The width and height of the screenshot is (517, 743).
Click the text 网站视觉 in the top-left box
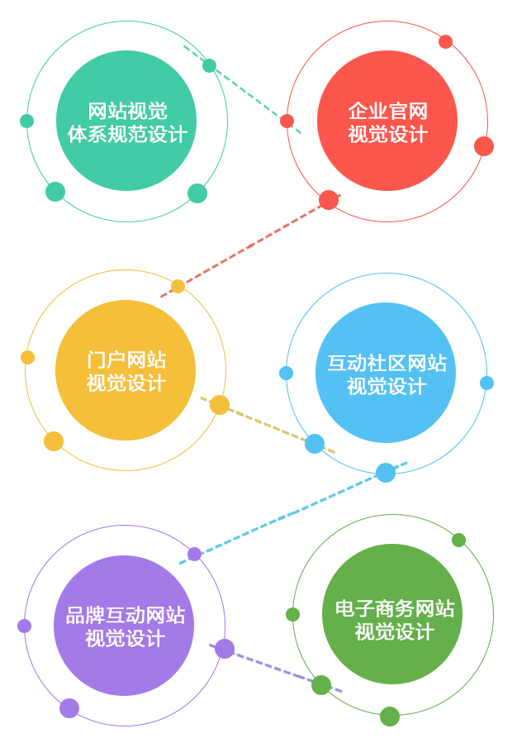[x=127, y=112]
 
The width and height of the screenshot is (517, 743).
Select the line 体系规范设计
[x=127, y=134]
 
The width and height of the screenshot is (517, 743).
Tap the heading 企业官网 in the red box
[x=387, y=112]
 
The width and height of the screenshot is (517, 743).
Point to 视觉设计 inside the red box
[x=387, y=134]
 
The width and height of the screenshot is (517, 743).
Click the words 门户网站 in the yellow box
[x=126, y=360]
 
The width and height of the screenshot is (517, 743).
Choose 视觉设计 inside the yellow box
[x=126, y=383]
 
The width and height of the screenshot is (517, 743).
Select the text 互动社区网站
[x=387, y=364]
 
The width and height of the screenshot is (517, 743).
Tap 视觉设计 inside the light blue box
[x=387, y=386]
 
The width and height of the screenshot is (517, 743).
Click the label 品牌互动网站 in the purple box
[x=126, y=616]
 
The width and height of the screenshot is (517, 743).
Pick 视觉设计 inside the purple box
[x=126, y=639]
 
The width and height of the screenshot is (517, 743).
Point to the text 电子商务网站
[x=395, y=610]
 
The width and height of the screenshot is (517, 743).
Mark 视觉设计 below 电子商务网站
[x=395, y=632]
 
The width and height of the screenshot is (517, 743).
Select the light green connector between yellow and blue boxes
[x=257, y=425]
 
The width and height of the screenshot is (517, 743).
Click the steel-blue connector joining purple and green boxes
[x=257, y=669]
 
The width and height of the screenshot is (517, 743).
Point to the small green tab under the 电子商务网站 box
[x=390, y=722]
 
